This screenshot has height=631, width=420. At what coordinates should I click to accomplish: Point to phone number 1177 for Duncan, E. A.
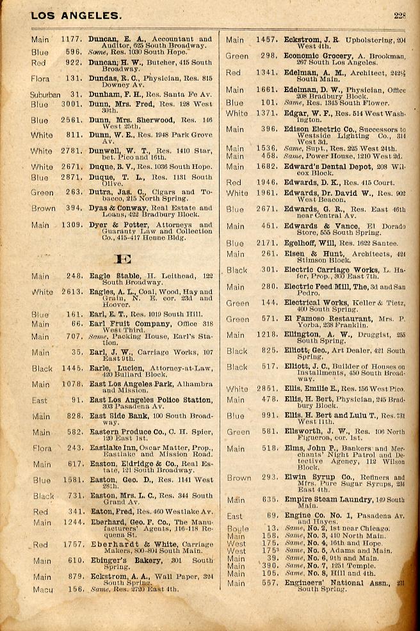(71, 39)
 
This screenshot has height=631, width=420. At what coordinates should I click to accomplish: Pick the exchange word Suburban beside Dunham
(45, 94)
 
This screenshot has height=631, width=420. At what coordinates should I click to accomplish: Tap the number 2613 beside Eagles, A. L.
(71, 292)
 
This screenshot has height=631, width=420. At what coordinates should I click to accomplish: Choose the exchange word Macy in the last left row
(43, 589)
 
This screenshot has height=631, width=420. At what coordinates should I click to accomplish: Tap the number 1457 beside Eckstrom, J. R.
(266, 40)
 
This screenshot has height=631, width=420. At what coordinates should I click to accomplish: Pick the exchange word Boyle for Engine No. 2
(238, 529)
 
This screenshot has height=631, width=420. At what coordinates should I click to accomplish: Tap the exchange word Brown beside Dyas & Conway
(43, 208)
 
